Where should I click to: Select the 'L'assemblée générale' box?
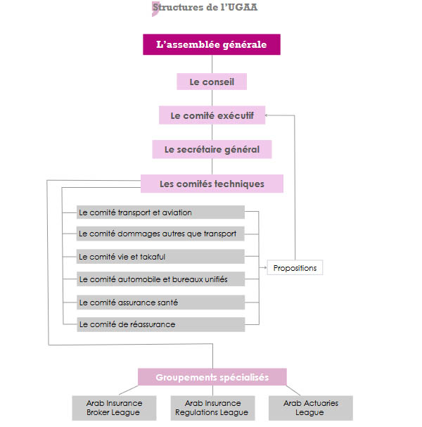point(212,45)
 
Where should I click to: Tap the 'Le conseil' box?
point(212,82)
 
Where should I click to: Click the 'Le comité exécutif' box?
point(212,115)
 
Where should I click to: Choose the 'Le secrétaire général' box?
point(212,149)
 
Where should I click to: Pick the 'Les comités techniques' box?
point(212,184)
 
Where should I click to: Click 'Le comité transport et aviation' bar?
point(160,212)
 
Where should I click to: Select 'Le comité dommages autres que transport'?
point(160,234)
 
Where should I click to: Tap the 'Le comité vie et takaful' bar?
point(160,257)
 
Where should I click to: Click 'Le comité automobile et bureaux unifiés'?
point(160,279)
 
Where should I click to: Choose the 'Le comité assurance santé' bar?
point(160,302)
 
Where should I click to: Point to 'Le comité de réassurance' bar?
point(160,324)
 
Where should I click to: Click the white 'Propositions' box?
point(295,268)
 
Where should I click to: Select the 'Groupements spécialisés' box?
point(212,377)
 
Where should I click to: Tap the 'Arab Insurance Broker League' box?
point(114,408)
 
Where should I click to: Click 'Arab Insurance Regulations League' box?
point(212,408)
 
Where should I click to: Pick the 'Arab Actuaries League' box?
point(310,408)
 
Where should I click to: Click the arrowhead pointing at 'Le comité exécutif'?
point(269,115)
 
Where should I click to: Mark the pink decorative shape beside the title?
point(155,8)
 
